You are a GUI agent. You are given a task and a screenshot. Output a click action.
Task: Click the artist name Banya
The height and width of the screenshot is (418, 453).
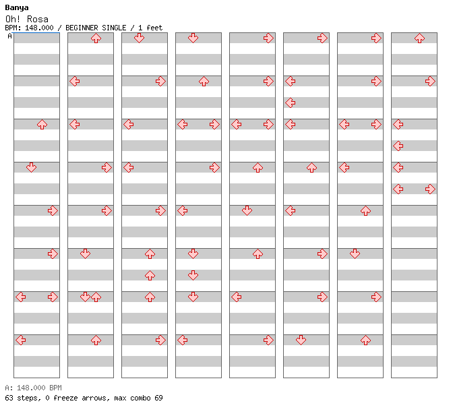tap(17, 8)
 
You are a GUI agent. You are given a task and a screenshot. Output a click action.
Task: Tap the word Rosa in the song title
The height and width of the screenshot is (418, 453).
tap(38, 20)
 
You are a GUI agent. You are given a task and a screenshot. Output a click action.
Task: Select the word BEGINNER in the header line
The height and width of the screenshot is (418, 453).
tap(82, 28)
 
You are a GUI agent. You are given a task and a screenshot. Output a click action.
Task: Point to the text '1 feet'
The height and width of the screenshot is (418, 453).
tap(150, 28)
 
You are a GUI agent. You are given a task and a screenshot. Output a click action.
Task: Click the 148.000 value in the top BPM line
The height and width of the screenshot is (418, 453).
tap(39, 28)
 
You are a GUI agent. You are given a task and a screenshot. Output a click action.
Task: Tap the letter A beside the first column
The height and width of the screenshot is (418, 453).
tap(10, 36)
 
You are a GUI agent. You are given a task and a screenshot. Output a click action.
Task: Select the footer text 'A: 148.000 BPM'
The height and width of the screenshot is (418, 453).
tap(33, 388)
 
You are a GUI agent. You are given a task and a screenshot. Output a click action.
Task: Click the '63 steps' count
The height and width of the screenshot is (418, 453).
tap(23, 398)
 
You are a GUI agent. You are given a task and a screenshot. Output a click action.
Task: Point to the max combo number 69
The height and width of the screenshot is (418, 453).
tap(158, 398)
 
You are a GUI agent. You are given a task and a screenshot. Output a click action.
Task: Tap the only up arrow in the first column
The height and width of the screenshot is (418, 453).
tap(42, 125)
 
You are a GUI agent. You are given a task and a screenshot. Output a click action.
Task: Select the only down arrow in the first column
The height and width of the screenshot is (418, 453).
tap(31, 167)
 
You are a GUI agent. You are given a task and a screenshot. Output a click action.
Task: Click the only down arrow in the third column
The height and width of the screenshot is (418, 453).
tap(139, 38)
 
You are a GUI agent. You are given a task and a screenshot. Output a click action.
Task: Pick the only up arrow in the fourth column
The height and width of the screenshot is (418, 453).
tap(204, 81)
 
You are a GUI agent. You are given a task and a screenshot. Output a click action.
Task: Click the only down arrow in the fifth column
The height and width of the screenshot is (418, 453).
tap(247, 210)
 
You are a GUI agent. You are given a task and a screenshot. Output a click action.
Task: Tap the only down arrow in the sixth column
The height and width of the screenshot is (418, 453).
tap(301, 340)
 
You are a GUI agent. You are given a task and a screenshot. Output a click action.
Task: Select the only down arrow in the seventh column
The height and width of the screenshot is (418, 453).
tap(355, 253)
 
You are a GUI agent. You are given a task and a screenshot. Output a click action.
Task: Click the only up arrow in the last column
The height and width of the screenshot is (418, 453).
tap(419, 38)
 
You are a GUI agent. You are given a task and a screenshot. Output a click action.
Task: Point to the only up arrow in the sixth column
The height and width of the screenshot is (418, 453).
tap(311, 168)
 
